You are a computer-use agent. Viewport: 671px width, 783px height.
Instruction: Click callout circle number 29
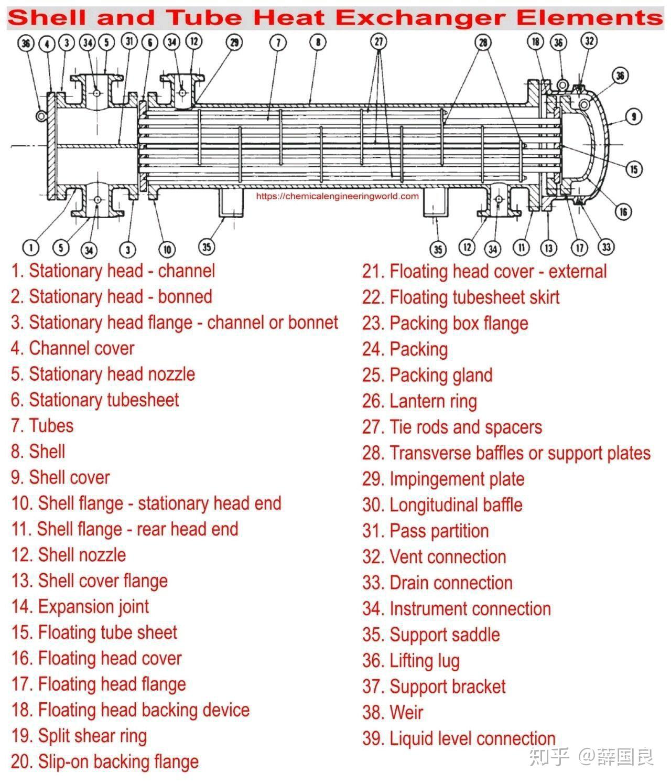coord(234,42)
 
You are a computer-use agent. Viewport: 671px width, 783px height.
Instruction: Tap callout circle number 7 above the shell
coord(278,42)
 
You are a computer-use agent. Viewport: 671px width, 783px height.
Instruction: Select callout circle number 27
coord(378,41)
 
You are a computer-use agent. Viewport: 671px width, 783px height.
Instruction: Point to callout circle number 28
coord(483,42)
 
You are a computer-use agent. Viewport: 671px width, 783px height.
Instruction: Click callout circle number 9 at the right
coord(634,116)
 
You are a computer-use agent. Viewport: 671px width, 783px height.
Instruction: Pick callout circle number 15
coord(634,169)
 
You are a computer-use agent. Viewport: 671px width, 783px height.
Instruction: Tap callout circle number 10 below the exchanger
coord(167,249)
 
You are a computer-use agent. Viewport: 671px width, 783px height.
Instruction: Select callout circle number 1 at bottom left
coord(31,247)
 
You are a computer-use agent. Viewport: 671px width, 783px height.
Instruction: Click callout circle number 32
coord(589,40)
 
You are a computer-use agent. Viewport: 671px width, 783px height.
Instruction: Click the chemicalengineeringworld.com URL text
coord(337,196)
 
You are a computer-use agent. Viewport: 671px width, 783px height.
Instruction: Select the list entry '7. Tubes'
coord(42,425)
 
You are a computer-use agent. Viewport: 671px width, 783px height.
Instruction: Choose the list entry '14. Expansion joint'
coord(80,606)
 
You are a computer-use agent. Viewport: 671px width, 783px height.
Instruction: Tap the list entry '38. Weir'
coord(393,712)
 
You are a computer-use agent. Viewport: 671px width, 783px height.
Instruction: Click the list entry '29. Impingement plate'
coord(443,479)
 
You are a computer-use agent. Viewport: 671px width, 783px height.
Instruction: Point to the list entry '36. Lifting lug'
coord(410,660)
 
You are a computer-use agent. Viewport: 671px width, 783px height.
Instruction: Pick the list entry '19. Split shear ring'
coord(79,736)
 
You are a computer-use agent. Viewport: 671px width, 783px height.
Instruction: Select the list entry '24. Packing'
coord(405,349)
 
